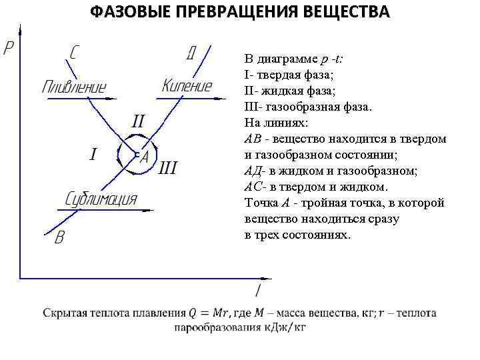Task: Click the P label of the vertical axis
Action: tap(9, 49)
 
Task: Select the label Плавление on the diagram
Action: tap(74, 87)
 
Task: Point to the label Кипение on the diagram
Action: tap(187, 86)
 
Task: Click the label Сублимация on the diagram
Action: tap(101, 199)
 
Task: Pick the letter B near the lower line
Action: tap(59, 237)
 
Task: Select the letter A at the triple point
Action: tap(144, 156)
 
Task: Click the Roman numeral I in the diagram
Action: tap(93, 155)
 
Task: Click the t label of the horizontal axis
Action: tap(258, 291)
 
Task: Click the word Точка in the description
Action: tap(260, 203)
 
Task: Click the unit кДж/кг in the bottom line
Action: tap(286, 327)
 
